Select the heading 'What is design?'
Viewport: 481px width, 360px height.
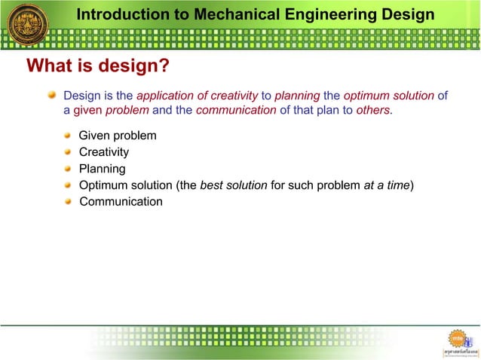(98, 66)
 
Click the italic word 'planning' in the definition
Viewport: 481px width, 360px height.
(297, 96)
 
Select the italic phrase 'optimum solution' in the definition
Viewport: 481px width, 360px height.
(389, 96)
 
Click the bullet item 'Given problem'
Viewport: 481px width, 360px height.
(118, 136)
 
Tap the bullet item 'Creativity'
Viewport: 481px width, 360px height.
(104, 152)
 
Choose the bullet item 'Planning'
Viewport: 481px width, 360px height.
(103, 169)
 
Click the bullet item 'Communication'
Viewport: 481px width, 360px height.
(121, 202)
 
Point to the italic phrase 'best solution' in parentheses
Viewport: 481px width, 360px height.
(233, 185)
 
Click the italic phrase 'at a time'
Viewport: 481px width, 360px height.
(386, 185)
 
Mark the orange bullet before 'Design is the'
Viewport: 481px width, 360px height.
(52, 96)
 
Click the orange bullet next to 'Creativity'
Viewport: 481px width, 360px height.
(69, 152)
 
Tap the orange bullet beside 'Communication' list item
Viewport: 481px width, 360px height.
(69, 202)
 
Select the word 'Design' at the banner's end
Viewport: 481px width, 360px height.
(409, 14)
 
